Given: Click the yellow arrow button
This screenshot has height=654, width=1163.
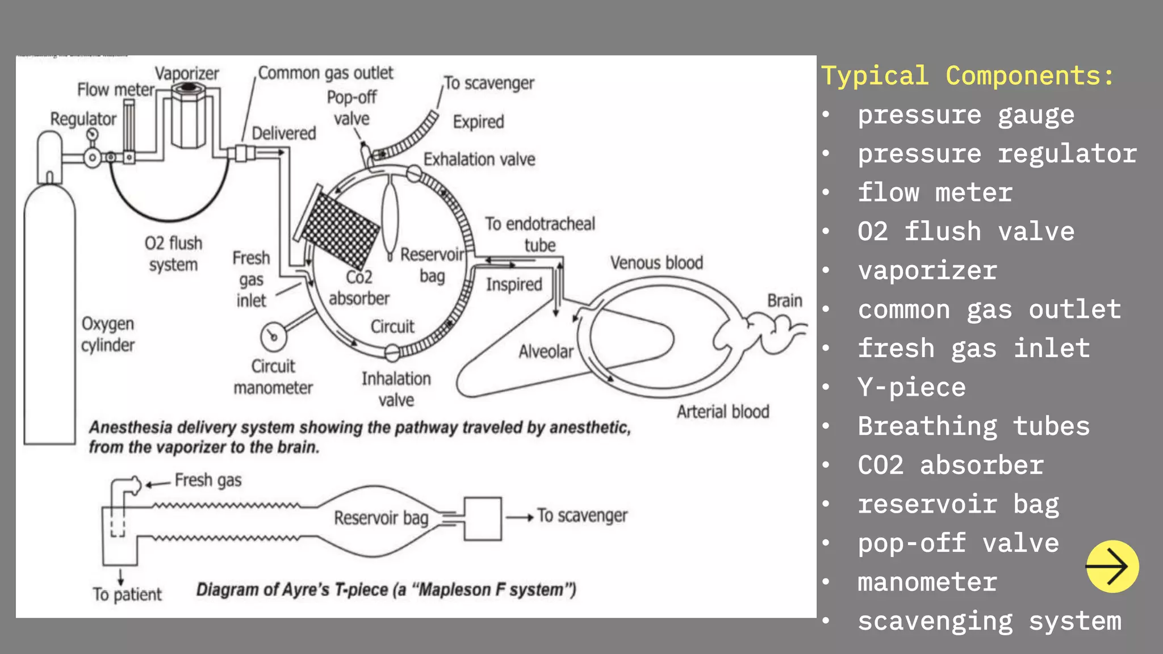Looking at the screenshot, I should (1112, 566).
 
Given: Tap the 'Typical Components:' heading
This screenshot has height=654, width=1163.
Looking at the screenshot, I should (968, 76).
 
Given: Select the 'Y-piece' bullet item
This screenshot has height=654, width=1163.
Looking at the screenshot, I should (911, 387).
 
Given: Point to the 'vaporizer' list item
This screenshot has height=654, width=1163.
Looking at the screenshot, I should (927, 271).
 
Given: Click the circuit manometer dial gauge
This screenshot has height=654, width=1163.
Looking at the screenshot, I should (273, 337).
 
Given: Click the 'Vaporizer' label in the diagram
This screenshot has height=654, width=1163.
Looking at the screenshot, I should (187, 74).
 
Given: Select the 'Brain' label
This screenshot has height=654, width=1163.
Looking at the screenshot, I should (784, 300).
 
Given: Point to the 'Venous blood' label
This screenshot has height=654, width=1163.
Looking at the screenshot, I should (656, 263).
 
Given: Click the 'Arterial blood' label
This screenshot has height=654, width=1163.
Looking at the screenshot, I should (722, 412).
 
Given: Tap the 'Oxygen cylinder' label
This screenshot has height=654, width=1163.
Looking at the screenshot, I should (108, 334).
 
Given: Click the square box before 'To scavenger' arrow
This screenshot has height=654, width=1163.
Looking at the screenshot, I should (483, 518).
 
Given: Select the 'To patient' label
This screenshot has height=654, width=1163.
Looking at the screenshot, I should (127, 594).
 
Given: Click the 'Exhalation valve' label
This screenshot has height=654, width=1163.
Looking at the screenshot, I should (479, 160).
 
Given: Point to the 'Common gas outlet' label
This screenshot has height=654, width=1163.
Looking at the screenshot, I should (325, 73).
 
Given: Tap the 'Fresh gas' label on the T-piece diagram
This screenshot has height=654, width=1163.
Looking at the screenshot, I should (208, 480).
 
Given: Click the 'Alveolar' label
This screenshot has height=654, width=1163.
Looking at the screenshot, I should (546, 352).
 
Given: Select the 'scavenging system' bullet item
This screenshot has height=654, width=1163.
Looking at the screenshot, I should (989, 621).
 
